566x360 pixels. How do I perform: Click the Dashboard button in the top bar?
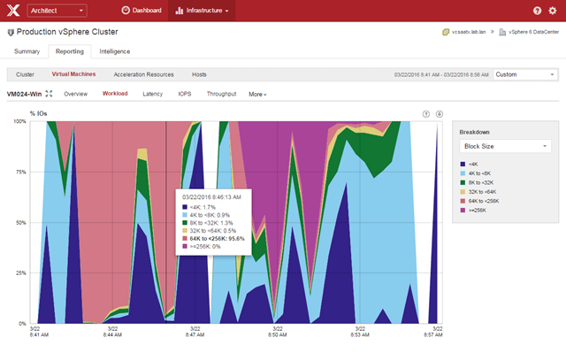(x=141, y=11)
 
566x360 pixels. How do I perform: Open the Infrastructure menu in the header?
(x=203, y=11)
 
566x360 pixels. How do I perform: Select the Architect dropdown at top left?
(x=57, y=11)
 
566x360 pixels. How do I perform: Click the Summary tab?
(x=27, y=51)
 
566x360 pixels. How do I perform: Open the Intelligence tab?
(x=114, y=51)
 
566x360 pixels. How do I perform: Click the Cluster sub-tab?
(x=25, y=75)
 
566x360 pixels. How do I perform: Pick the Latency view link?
(x=152, y=93)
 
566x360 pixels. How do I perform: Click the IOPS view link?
(x=184, y=93)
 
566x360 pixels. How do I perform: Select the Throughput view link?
(x=221, y=93)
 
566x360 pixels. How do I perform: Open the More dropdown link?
(x=257, y=93)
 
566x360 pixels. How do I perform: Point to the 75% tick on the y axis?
(x=20, y=172)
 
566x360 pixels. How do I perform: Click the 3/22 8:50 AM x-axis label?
(x=277, y=331)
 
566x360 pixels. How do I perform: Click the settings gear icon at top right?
(x=553, y=11)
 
